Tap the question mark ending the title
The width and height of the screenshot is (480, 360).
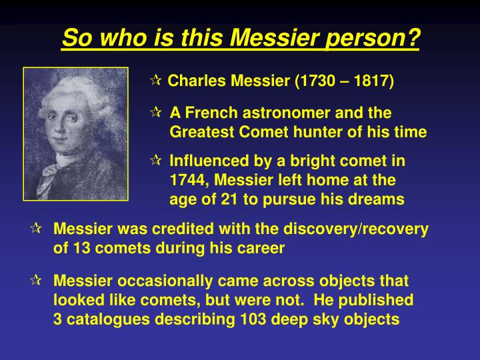413,39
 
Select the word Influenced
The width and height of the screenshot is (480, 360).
207,161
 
